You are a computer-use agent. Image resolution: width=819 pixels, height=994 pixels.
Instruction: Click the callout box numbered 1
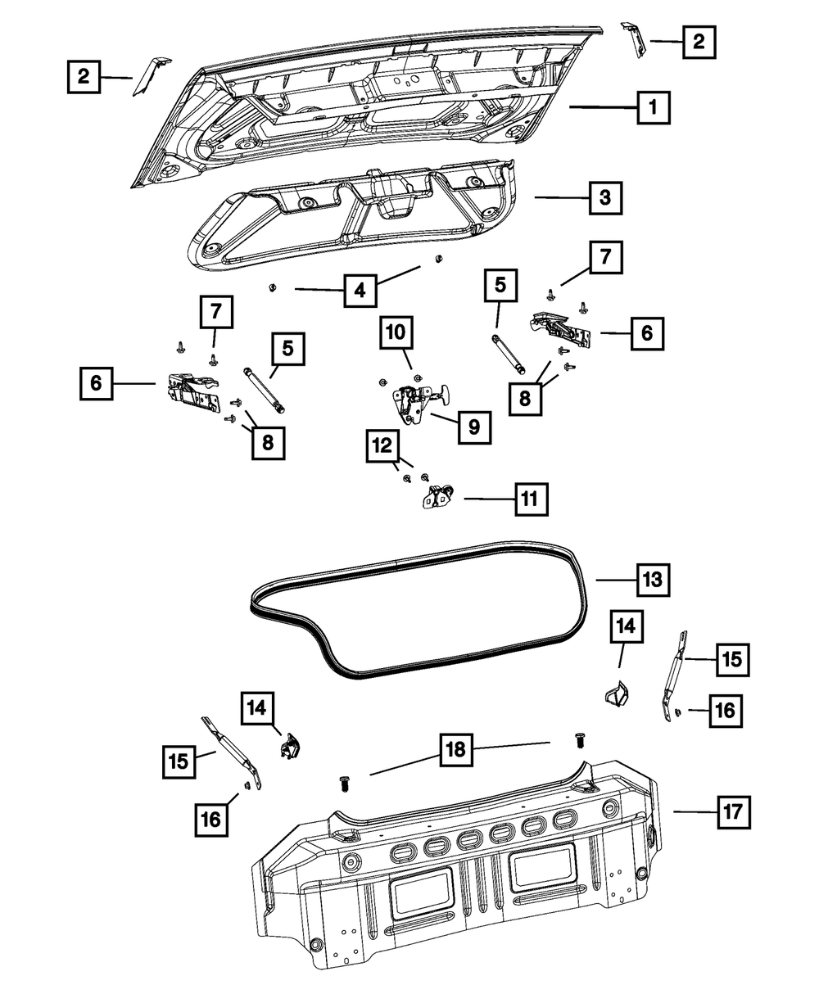coord(653,106)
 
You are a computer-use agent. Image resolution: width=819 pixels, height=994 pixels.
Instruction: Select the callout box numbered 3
coord(604,197)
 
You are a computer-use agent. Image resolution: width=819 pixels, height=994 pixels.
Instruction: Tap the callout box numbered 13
coord(652,580)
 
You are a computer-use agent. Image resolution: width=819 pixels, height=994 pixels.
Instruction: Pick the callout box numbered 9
coord(474,426)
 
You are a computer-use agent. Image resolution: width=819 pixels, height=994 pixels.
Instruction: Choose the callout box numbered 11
coord(531,498)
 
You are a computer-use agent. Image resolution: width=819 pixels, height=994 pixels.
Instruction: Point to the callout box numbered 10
coord(395,332)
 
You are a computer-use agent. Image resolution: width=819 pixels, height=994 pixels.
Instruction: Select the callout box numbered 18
coord(458,749)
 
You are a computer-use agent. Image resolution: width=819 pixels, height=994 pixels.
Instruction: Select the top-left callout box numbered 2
coord(84,78)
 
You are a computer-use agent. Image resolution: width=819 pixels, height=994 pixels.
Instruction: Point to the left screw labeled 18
coord(344,783)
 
